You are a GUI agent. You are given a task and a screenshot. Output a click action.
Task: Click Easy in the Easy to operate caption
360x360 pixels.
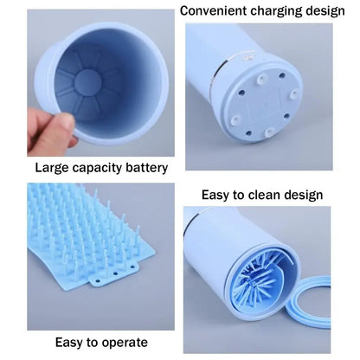pos(73,343)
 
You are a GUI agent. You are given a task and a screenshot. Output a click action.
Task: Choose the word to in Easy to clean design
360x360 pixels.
pos(245,195)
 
